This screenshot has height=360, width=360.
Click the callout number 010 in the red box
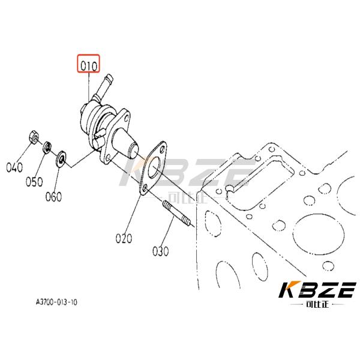(x=88, y=64)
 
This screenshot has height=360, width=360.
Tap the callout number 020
(x=124, y=238)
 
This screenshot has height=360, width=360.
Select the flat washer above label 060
(x=61, y=160)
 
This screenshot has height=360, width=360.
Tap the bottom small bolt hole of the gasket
(x=145, y=191)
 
